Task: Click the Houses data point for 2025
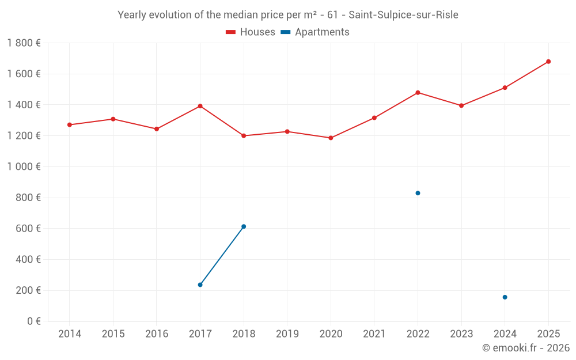click(548, 62)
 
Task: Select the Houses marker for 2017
click(200, 106)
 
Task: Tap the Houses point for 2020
click(331, 138)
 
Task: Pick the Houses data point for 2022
click(418, 93)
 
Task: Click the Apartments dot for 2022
click(418, 193)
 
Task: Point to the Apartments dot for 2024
click(505, 297)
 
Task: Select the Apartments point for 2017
click(200, 285)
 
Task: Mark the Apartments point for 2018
click(244, 226)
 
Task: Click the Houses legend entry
click(251, 32)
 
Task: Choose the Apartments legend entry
click(316, 32)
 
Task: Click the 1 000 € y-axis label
click(24, 166)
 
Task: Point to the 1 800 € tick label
click(24, 43)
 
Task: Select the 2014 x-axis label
click(70, 334)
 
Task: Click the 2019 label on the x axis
click(287, 334)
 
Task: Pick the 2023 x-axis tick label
click(461, 334)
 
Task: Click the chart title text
click(288, 15)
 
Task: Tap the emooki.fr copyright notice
click(525, 348)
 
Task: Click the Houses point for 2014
click(70, 125)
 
